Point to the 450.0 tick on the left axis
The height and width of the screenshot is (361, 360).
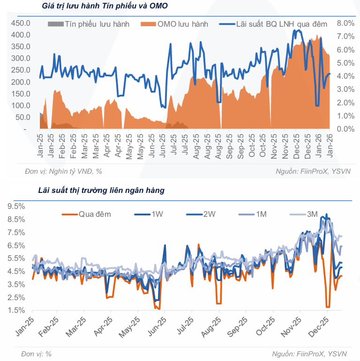[x=21, y=23]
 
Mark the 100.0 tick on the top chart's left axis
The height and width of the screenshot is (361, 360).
[x=21, y=105]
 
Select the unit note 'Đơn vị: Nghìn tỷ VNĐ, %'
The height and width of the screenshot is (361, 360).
[x=63, y=171]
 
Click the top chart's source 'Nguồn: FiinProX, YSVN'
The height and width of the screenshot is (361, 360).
[x=313, y=171]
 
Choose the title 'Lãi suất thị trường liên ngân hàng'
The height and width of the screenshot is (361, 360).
[x=101, y=191]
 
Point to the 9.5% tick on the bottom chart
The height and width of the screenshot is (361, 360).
[x=16, y=206]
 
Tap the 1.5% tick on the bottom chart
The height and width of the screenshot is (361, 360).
[x=16, y=310]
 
